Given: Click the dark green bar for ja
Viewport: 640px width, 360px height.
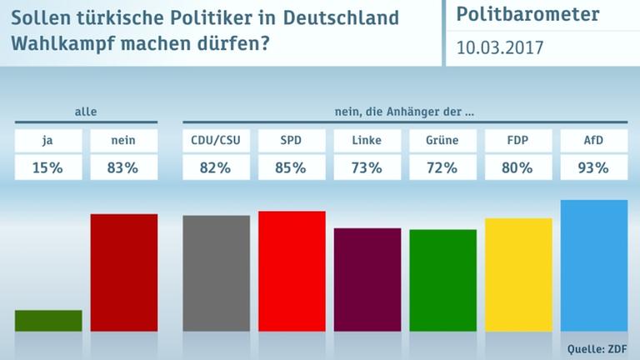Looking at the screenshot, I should (x=48, y=321).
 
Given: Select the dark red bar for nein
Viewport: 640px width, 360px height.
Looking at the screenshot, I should (x=124, y=272).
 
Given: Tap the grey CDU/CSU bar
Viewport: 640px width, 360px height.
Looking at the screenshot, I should (x=216, y=273).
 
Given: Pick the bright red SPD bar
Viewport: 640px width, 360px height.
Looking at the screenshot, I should (x=292, y=271).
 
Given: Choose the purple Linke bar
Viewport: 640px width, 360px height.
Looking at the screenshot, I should (x=367, y=279).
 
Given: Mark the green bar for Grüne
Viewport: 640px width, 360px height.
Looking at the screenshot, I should (x=442, y=280).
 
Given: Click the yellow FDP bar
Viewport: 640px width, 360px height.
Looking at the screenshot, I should (x=518, y=275).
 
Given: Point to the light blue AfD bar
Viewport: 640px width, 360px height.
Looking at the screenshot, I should (x=594, y=266).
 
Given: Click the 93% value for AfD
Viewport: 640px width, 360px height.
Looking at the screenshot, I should (x=594, y=168).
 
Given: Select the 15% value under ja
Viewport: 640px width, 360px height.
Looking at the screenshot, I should (x=48, y=168).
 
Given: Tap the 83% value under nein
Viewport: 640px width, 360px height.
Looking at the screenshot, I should (x=124, y=168).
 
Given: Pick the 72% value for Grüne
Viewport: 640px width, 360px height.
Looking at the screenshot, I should (x=442, y=168).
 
